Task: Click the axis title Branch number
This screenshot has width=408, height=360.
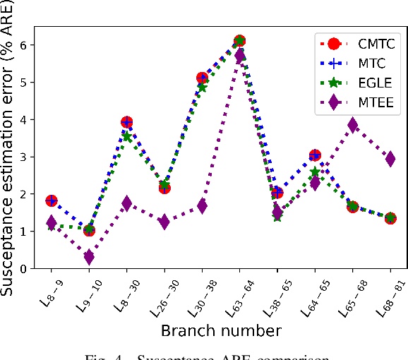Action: tap(220, 330)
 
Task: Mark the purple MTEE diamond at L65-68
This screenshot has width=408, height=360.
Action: tap(353, 125)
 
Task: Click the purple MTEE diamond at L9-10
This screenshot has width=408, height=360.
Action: tap(89, 257)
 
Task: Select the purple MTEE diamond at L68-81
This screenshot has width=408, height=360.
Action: tap(390, 159)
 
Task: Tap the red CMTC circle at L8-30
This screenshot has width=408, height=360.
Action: tap(126, 123)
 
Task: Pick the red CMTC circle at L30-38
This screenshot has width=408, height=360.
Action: tap(202, 78)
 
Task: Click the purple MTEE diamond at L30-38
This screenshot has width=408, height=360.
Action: tap(202, 206)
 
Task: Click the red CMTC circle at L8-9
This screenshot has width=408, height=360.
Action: tap(52, 201)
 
